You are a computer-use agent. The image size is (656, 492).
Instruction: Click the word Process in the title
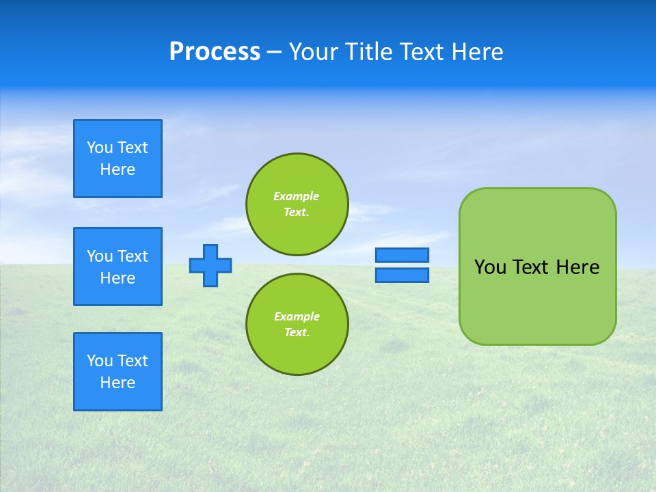coord(215,52)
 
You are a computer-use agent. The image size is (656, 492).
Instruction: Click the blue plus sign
coord(210,265)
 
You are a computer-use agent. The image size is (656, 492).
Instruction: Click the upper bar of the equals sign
coord(402,255)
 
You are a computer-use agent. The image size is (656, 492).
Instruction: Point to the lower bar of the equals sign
coord(402,275)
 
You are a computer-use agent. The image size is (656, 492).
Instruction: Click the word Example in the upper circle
coord(297,196)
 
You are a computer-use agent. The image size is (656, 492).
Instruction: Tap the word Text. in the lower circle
coord(297,333)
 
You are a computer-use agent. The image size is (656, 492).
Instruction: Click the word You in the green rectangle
coord(490,267)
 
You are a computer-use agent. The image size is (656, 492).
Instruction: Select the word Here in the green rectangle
coord(577,267)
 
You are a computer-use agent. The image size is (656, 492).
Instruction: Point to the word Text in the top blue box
coord(133,148)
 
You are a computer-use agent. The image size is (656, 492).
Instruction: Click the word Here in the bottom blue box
coord(118,383)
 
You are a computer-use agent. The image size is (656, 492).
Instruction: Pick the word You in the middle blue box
coord(100,256)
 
